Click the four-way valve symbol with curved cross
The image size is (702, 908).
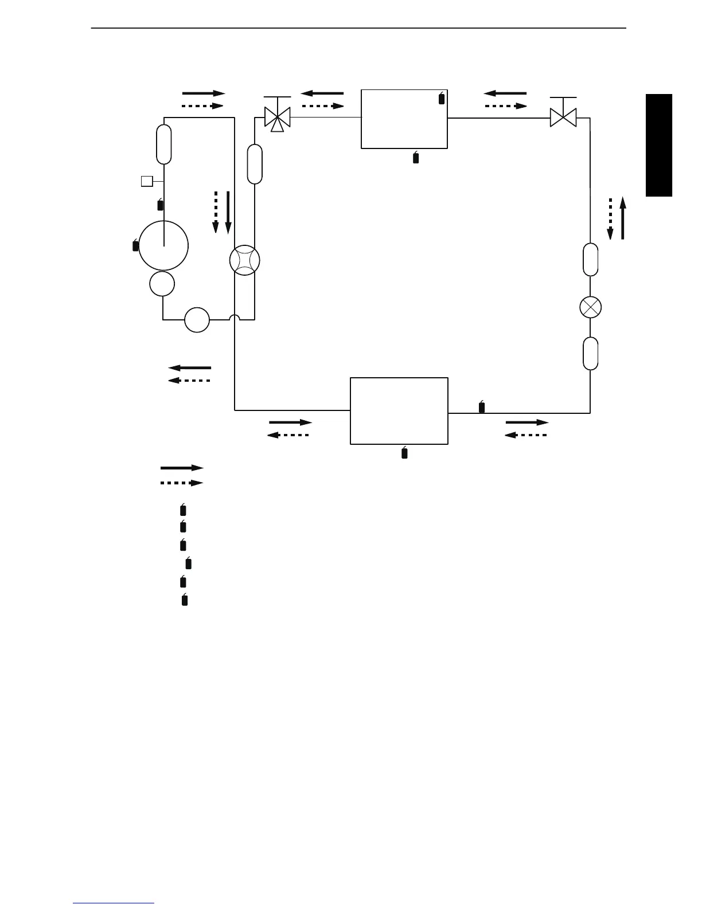(244, 261)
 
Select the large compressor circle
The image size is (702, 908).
(163, 245)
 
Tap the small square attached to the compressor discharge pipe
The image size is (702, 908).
(147, 182)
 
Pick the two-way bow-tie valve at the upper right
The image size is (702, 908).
(563, 118)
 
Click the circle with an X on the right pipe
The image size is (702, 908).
(590, 307)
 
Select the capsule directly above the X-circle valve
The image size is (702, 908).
(590, 260)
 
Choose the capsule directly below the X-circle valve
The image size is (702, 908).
(590, 354)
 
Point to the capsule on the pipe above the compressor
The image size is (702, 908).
(164, 144)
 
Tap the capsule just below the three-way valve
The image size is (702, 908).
(255, 164)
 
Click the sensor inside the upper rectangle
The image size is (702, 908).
(441, 98)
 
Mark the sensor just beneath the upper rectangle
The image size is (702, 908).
(416, 158)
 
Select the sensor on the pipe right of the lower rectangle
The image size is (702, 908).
(482, 407)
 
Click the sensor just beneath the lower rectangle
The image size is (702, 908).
(404, 453)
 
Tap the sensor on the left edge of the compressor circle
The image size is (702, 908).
(135, 245)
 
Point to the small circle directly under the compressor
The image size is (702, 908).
(162, 284)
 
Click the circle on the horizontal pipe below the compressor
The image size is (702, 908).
(197, 320)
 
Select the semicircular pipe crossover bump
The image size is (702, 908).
(235, 317)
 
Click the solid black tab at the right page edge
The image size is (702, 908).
(658, 146)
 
